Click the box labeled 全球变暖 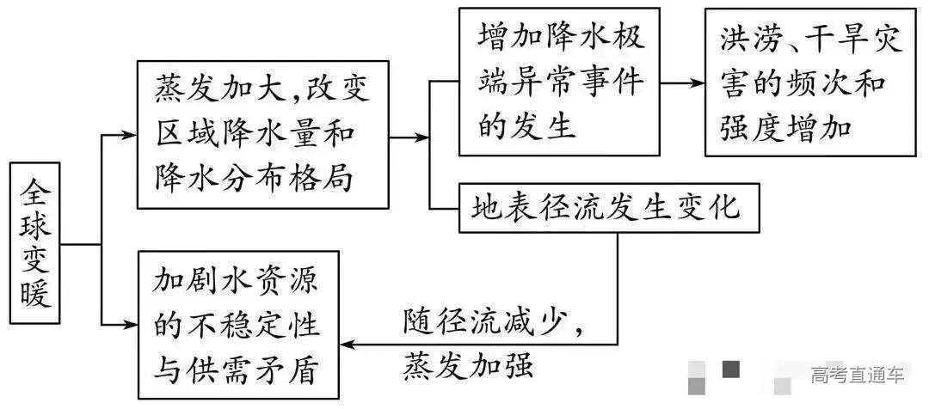click(x=36, y=243)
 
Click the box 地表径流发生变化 click(x=610, y=207)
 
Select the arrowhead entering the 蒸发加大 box click(x=129, y=135)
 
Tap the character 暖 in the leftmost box click(x=36, y=292)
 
